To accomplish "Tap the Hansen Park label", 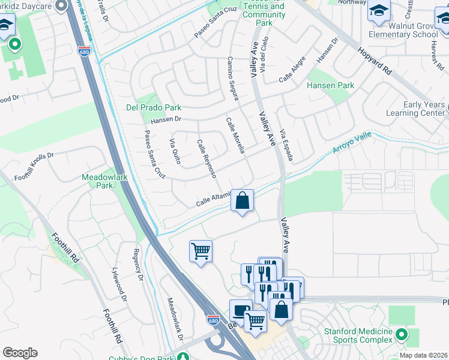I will coord(330,86).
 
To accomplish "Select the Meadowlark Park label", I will coord(97,181).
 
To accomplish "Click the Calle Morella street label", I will coord(235,135).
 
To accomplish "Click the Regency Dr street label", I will coord(138,265).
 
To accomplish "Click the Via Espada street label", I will coord(286,145).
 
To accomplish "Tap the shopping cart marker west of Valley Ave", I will coord(200,250).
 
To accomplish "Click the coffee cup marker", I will coord(241,311).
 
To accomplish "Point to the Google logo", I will coord(20,353).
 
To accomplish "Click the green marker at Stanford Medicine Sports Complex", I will coord(403,334).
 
